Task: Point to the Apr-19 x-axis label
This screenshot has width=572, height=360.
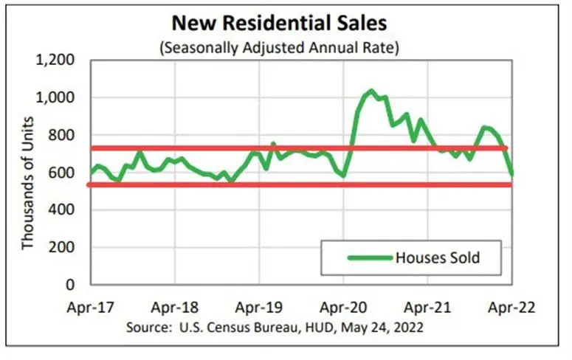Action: (259, 306)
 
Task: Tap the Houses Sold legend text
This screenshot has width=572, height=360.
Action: (438, 258)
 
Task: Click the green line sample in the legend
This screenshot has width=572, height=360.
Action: (368, 258)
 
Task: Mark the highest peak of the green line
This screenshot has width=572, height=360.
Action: (371, 91)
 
